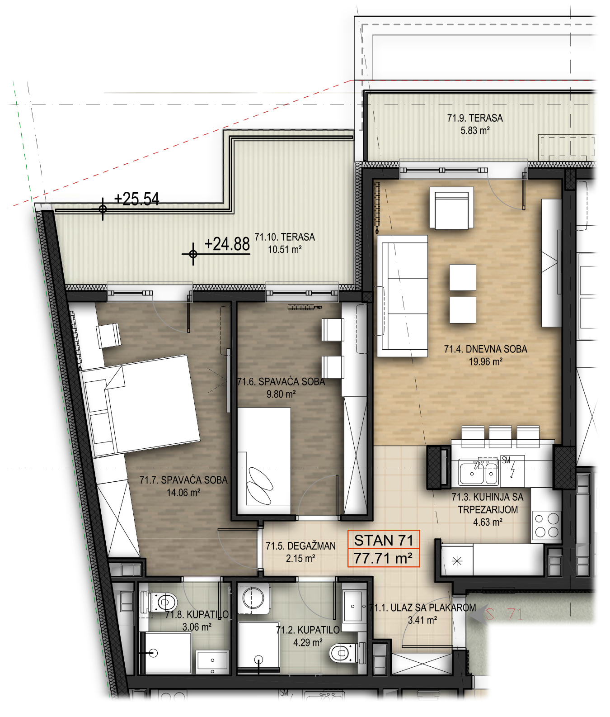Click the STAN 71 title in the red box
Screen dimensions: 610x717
click(x=384, y=540)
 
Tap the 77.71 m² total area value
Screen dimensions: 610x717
click(x=383, y=558)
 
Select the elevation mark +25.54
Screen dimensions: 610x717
click(x=136, y=199)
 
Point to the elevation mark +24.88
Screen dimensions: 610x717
click(x=227, y=244)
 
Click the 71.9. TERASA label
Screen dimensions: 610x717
click(x=475, y=118)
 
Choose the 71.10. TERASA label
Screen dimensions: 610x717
click(x=285, y=237)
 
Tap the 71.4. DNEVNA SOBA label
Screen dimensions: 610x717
click(x=485, y=349)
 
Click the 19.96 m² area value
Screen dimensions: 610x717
click(x=485, y=362)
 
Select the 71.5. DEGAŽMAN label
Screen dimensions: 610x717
click(x=300, y=546)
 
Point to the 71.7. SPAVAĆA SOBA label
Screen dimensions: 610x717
click(x=183, y=480)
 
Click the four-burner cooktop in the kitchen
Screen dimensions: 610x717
click(x=547, y=525)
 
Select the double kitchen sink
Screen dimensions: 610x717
click(x=479, y=473)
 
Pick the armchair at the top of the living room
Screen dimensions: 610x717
click(x=451, y=208)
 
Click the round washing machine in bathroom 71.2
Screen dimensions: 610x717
click(x=253, y=598)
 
